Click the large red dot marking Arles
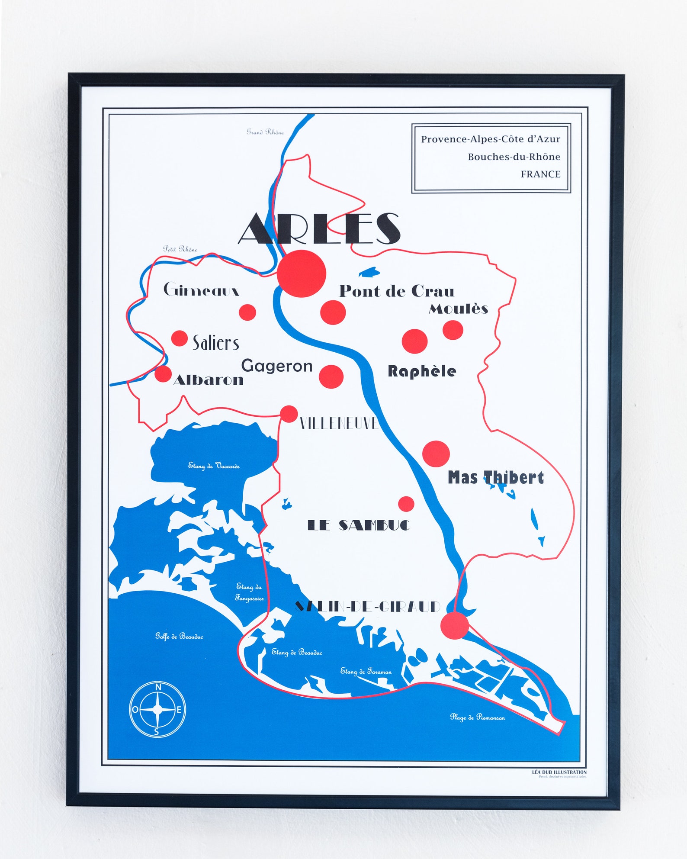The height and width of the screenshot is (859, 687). click(x=301, y=273)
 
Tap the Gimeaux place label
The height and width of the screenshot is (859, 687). click(x=201, y=290)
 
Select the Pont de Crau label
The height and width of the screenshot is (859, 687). click(x=396, y=291)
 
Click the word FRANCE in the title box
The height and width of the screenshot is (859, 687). click(x=540, y=174)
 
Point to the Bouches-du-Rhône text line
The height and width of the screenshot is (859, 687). click(x=514, y=157)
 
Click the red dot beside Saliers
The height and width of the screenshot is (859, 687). click(x=179, y=338)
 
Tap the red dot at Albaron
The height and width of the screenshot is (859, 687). click(x=163, y=374)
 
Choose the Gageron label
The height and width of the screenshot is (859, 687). click(x=277, y=366)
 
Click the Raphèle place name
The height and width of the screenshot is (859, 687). click(x=421, y=371)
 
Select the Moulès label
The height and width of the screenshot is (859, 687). click(x=458, y=309)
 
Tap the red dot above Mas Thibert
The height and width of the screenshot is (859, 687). click(x=436, y=454)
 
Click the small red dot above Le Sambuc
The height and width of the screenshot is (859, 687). click(x=406, y=504)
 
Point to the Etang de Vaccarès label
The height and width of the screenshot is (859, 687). click(x=214, y=466)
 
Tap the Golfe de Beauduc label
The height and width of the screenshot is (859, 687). click(x=179, y=636)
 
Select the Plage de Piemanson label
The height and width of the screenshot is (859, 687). click(x=477, y=717)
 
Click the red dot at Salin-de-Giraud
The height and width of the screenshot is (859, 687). click(x=454, y=625)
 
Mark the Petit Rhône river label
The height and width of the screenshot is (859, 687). click(x=180, y=249)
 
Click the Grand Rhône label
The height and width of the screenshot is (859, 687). click(x=265, y=132)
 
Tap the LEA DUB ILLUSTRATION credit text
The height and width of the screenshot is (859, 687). click(x=559, y=772)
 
